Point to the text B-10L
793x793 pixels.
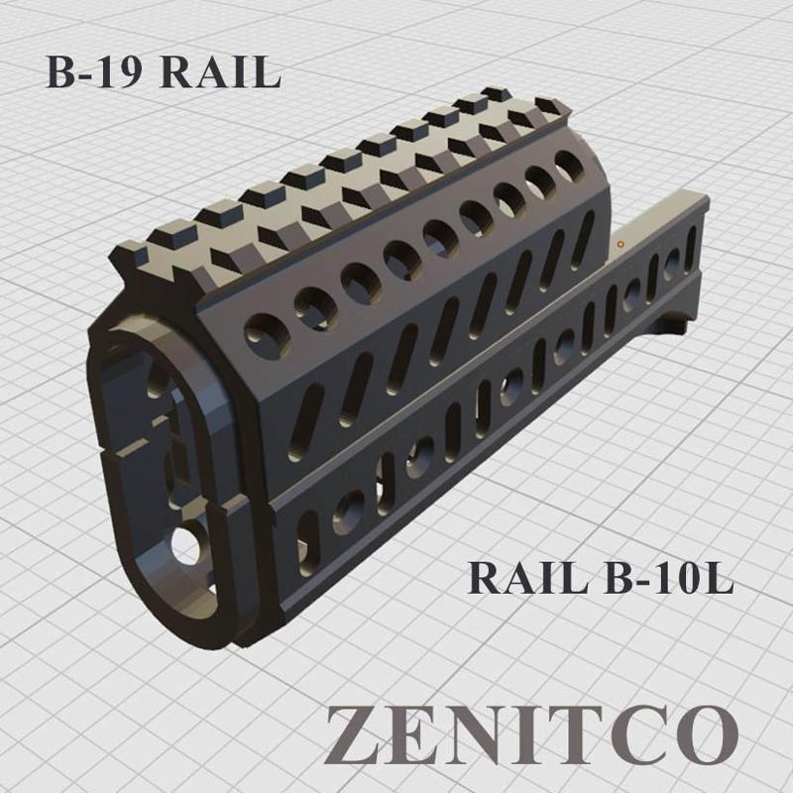[668, 578]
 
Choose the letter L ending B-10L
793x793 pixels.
[719, 578]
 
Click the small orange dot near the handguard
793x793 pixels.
[621, 241]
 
